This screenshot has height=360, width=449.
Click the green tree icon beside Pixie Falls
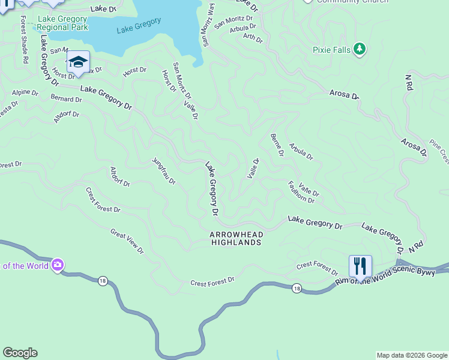(360, 49)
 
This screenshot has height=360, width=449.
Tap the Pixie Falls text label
(331, 50)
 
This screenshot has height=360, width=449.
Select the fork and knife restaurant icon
(360, 265)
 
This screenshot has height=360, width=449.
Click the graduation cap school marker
(78, 61)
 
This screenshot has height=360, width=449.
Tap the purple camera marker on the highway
(58, 265)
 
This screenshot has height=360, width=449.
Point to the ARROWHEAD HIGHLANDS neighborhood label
(236, 238)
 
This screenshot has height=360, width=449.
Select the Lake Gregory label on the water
(139, 25)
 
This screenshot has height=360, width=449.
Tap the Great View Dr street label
(127, 240)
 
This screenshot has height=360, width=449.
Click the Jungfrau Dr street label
(164, 171)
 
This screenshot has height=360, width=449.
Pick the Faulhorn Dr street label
(301, 192)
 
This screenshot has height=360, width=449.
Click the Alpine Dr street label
(25, 93)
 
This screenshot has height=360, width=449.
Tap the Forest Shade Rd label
(24, 39)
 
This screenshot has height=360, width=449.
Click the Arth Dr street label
(253, 38)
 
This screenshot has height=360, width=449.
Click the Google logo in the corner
(20, 353)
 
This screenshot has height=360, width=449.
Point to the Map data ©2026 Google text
(411, 355)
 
